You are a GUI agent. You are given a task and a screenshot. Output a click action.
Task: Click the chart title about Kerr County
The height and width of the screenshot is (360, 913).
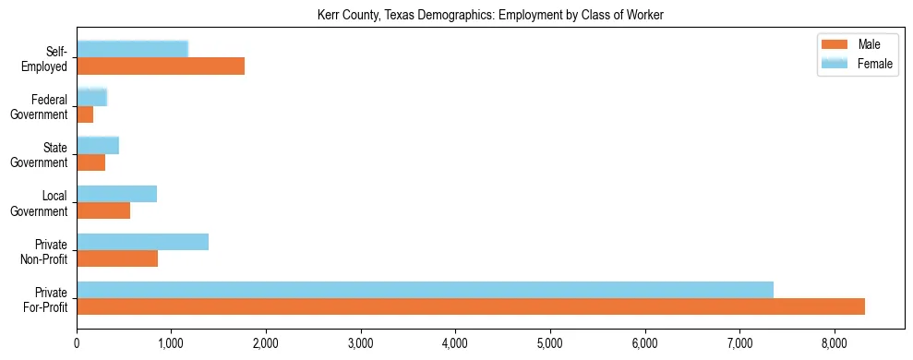[x=490, y=15]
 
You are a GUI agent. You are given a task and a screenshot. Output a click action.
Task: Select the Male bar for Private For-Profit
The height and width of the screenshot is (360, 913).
[x=471, y=306]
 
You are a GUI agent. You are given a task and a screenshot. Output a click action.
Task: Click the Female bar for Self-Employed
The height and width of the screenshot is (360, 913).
[x=132, y=49]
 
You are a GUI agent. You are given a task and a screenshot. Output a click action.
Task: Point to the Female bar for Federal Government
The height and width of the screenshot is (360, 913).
[x=91, y=97]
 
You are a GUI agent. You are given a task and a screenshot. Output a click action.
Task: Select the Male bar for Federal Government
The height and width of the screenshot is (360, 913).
[x=85, y=114]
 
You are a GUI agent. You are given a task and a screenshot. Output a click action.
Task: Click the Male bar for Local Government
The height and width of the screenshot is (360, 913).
[x=103, y=210]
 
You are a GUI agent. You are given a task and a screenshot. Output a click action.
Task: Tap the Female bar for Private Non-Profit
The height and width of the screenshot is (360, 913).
[x=142, y=242]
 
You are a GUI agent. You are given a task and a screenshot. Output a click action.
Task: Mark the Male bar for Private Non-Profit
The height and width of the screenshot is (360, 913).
[x=117, y=258]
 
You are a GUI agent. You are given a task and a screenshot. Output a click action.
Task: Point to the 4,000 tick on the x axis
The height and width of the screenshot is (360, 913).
[x=455, y=343]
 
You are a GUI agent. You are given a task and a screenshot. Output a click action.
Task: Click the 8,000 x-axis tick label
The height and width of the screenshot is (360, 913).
[x=834, y=343]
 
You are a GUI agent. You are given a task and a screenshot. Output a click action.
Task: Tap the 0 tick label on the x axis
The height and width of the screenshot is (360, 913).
[x=77, y=343]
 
